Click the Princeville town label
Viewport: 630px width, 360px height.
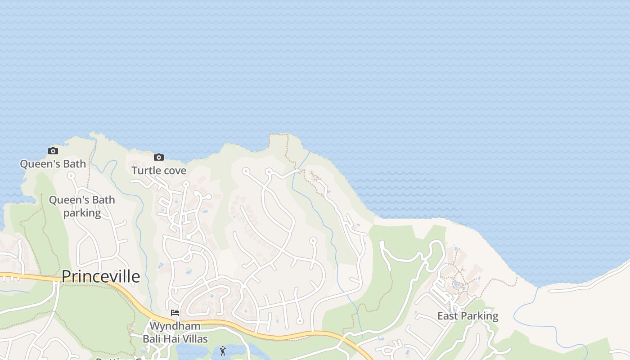point(100,276)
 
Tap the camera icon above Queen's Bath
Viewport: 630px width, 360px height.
point(53,151)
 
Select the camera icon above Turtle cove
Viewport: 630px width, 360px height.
point(158,157)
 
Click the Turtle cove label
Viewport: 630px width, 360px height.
point(159,171)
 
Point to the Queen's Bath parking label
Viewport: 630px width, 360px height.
point(82,206)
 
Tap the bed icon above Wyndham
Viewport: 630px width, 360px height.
point(175,313)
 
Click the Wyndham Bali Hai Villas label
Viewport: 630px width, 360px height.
point(175,332)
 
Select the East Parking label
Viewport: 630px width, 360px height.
point(468,316)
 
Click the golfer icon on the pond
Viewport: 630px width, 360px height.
point(223,351)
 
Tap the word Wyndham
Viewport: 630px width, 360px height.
point(175,326)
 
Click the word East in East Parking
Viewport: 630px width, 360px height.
point(448,316)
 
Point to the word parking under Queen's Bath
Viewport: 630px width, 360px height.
point(82,212)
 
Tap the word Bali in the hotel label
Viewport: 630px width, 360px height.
point(153,338)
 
